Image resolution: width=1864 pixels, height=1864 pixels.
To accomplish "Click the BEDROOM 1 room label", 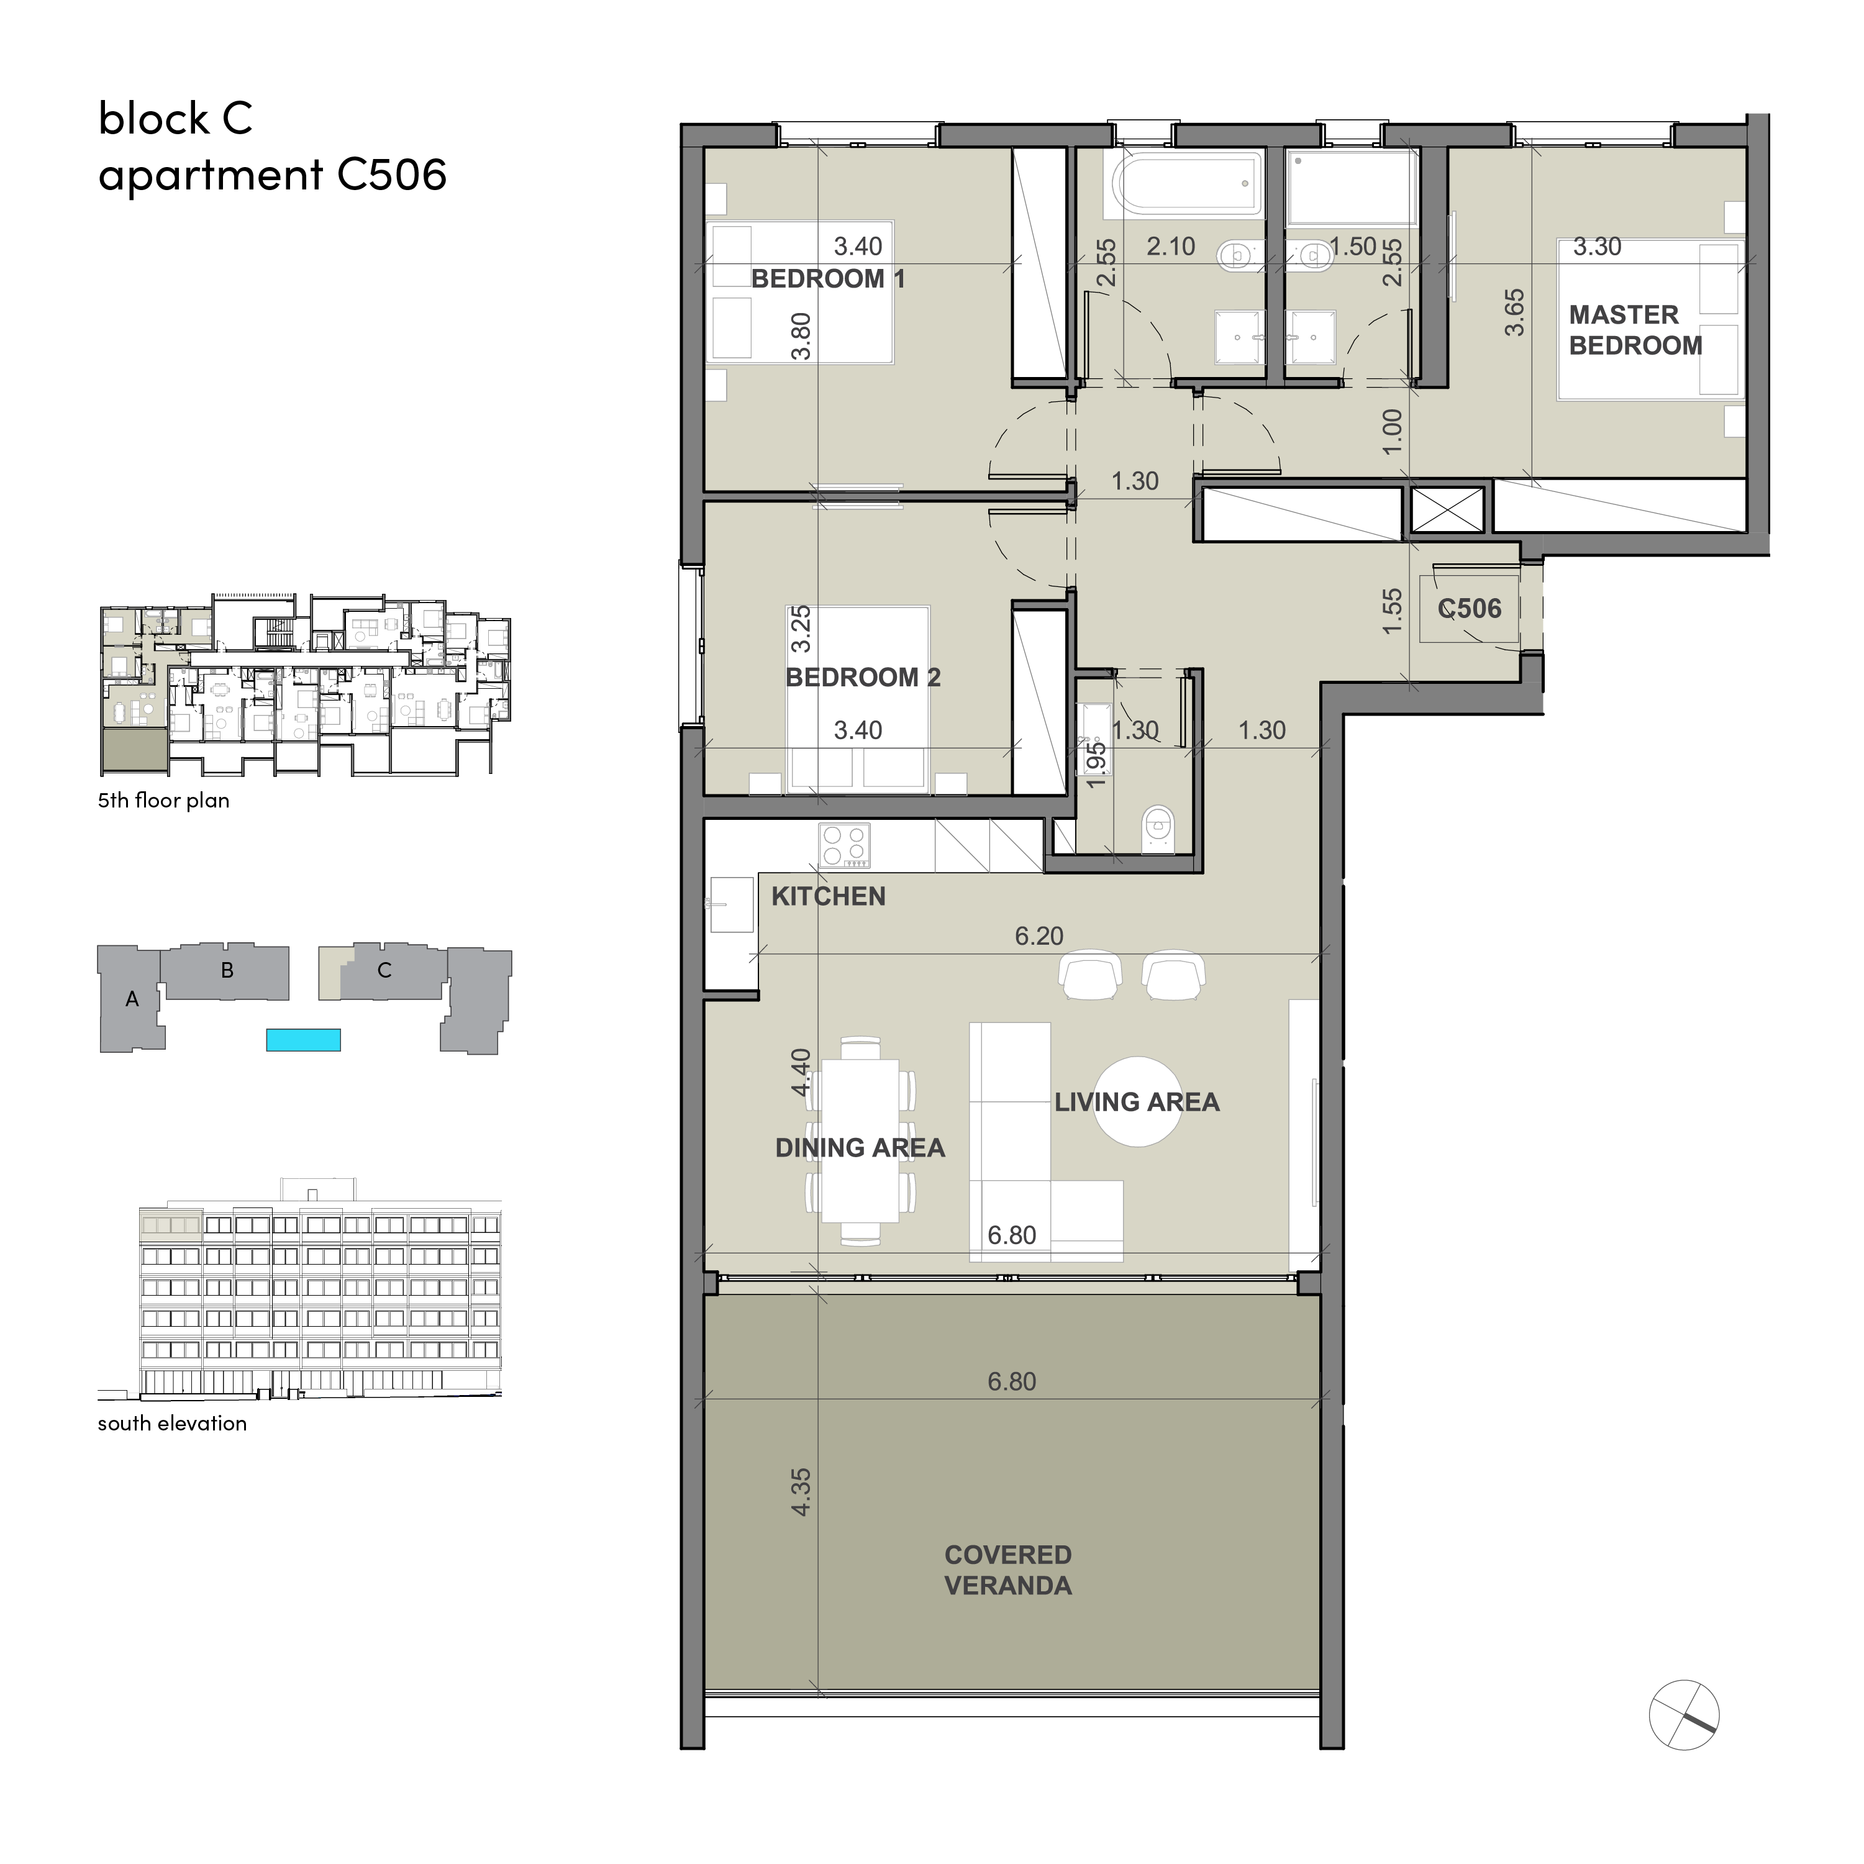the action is (828, 279).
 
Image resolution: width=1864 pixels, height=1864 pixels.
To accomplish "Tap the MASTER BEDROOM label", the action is (1635, 330).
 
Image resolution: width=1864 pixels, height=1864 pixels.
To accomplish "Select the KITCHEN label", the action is (828, 896).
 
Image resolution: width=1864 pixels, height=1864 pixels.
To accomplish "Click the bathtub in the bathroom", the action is (1188, 183).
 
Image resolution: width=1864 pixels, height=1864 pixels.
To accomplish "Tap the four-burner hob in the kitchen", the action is (844, 845).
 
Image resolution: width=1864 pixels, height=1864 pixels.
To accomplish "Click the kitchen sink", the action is (731, 904).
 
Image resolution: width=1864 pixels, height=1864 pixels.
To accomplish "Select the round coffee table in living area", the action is (1139, 1102).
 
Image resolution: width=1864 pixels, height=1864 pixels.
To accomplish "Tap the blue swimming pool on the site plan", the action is (303, 1039).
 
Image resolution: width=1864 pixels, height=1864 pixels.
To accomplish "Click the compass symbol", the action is (1684, 1714).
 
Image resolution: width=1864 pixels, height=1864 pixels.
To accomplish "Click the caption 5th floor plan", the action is (163, 800).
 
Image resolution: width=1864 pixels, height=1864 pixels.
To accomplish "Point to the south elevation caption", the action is (171, 1423).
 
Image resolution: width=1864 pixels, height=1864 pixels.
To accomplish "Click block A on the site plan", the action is (132, 999).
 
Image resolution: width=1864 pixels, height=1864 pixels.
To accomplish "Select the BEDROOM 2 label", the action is (863, 677).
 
